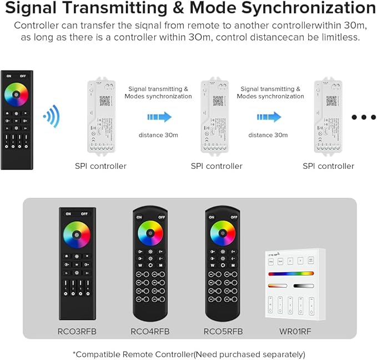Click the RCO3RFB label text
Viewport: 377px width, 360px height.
pos(77,332)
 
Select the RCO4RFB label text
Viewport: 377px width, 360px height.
pos(150,332)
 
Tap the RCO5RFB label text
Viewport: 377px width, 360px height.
pos(223,332)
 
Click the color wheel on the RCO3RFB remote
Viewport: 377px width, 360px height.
pos(77,233)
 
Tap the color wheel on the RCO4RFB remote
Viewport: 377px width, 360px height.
pos(150,233)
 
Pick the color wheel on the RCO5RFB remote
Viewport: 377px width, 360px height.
pos(223,233)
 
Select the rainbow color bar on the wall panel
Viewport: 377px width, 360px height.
pos(291,274)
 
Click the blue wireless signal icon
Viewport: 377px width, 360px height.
pos(52,116)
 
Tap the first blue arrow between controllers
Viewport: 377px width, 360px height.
pos(159,117)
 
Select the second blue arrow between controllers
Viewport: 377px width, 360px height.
pos(268,117)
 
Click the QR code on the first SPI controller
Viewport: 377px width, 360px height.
pos(104,101)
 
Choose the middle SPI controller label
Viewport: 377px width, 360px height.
pos(217,166)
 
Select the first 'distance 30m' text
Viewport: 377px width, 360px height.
pos(158,135)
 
